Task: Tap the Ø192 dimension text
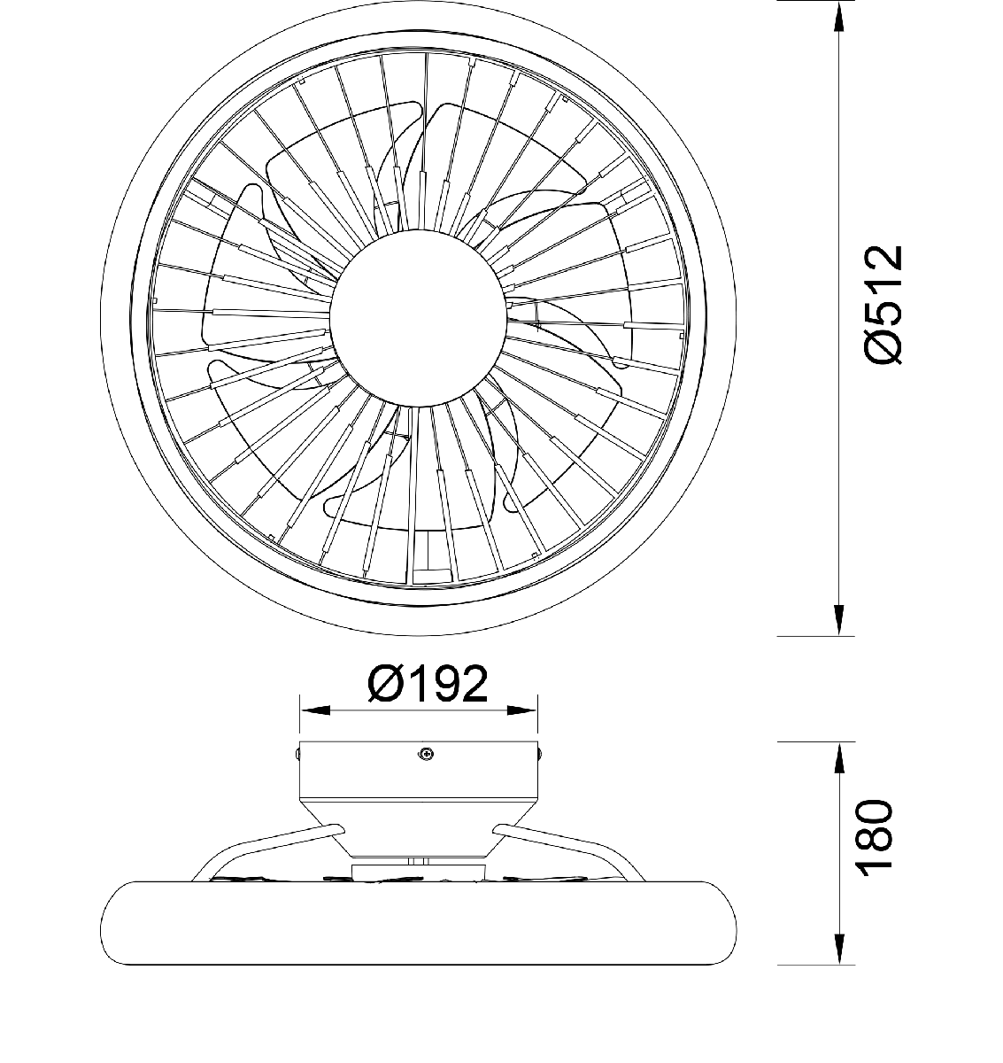[428, 684]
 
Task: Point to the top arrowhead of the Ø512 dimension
[838, 17]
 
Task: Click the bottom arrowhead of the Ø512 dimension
[838, 620]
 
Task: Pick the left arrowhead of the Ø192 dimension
[316, 710]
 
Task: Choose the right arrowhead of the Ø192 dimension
[521, 710]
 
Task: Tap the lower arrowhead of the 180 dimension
[838, 949]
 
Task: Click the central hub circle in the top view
[418, 318]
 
